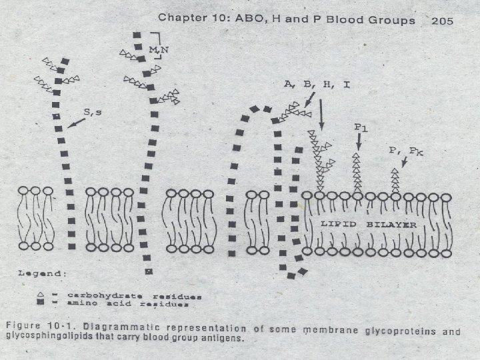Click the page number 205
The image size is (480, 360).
(442, 21)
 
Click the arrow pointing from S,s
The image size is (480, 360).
(77, 123)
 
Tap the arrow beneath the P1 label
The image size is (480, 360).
(358, 142)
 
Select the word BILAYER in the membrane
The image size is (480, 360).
(391, 225)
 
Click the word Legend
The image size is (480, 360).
(41, 274)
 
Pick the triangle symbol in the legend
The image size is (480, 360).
(41, 294)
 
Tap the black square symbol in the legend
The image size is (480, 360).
(41, 303)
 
